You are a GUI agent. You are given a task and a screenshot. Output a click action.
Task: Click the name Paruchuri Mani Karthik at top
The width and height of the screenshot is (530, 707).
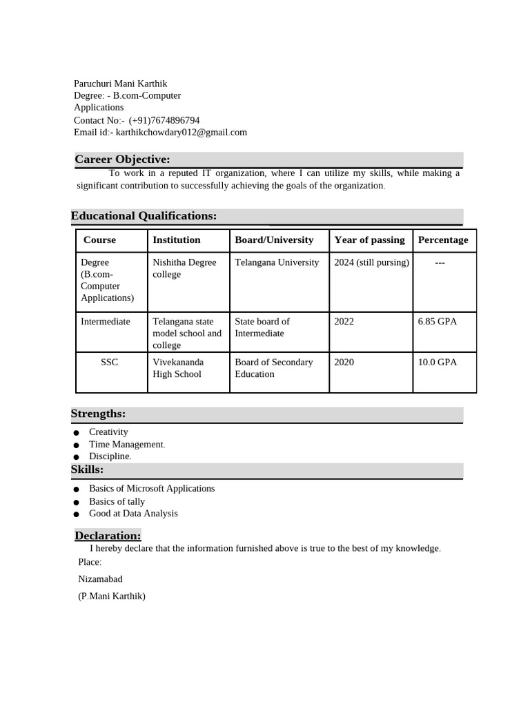coord(120,84)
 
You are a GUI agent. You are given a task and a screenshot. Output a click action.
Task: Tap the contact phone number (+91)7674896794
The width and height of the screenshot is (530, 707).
coord(164,120)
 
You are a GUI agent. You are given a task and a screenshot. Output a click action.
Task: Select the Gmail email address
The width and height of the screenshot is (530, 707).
coord(181,133)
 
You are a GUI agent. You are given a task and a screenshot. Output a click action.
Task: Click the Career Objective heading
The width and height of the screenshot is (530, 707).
coord(122,160)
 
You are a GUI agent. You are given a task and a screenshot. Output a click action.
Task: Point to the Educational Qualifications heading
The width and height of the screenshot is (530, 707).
coord(144,216)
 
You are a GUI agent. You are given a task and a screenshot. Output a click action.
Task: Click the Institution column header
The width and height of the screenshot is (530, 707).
coord(177,240)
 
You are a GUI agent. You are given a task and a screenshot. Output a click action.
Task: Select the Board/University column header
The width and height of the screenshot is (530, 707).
coord(274,240)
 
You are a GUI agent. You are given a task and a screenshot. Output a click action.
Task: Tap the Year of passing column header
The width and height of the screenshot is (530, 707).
coord(369,240)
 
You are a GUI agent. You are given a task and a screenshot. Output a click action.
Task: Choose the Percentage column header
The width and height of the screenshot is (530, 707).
coord(443,240)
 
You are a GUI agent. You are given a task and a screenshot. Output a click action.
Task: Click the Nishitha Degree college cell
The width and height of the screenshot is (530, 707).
coord(184,269)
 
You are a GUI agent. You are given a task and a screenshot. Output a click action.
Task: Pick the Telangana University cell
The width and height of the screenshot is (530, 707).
coord(277,262)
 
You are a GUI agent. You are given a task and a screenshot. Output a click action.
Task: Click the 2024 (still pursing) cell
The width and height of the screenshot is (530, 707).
coord(371,262)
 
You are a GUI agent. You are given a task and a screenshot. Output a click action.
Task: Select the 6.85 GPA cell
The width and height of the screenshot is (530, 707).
coord(438,322)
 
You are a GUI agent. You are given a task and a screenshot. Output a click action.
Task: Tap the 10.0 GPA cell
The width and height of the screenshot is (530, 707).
coord(438,362)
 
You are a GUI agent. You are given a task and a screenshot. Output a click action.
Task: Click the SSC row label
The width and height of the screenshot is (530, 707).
coord(109,362)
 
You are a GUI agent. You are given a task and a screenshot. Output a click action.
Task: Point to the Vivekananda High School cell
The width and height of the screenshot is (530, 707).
coord(178,368)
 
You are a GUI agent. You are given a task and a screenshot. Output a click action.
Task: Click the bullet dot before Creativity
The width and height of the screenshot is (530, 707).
coord(75,433)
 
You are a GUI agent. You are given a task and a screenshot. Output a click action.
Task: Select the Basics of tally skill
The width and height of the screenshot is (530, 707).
coord(117,501)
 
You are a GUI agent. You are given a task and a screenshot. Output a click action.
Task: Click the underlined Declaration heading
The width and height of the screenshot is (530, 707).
coord(108,536)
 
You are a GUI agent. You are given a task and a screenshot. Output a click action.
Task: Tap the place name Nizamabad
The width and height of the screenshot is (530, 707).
coord(100,579)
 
